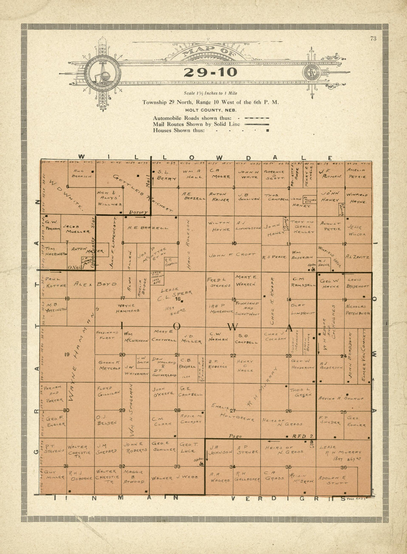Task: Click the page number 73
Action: (x=373, y=39)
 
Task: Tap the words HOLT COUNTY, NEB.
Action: (x=211, y=110)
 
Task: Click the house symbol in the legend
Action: (x=267, y=131)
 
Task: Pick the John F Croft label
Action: (x=232, y=255)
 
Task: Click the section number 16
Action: (x=178, y=299)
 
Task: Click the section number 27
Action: (x=233, y=411)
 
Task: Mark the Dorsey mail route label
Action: (x=138, y=212)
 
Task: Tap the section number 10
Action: (x=234, y=243)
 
